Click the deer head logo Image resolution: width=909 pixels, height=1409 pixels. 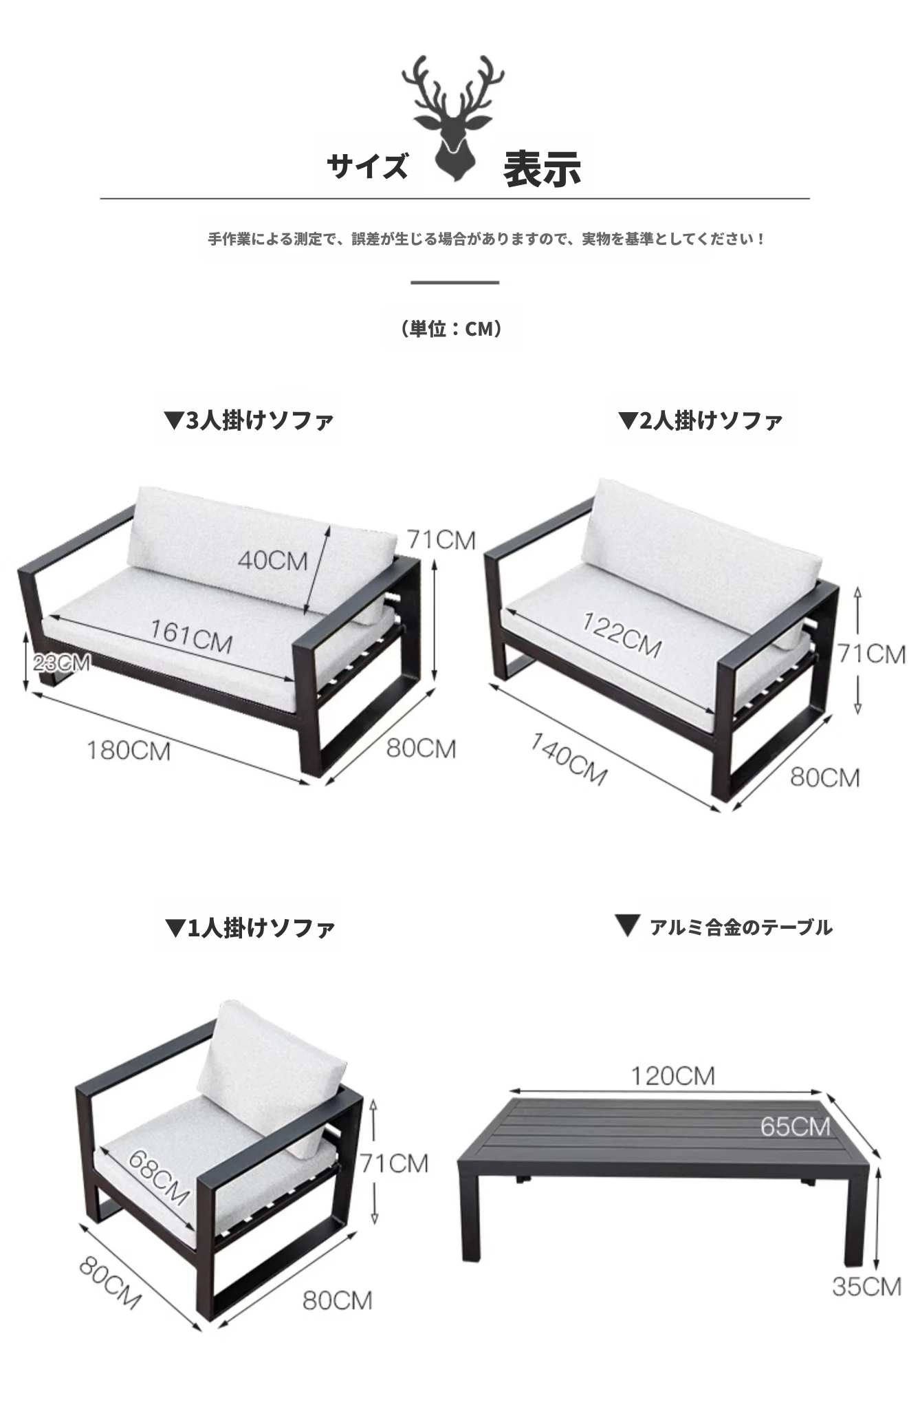pyautogui.click(x=453, y=118)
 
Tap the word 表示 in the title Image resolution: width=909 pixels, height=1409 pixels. pyautogui.click(x=543, y=169)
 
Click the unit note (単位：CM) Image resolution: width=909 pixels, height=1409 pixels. pyautogui.click(x=452, y=329)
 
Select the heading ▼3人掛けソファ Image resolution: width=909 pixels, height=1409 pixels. pyautogui.click(x=250, y=420)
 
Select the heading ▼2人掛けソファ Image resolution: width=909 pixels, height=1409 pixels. pyautogui.click(x=701, y=420)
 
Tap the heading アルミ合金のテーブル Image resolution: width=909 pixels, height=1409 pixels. pyautogui.click(x=724, y=927)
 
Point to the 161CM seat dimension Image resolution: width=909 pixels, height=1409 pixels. pyautogui.click(x=191, y=636)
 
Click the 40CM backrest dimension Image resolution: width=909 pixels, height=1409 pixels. pyautogui.click(x=272, y=560)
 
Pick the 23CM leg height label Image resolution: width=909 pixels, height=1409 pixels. pyautogui.click(x=61, y=663)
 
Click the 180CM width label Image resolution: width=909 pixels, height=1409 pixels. pyautogui.click(x=129, y=750)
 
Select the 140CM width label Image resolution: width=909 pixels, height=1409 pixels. pyautogui.click(x=569, y=760)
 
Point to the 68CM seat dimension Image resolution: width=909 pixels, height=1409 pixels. pyautogui.click(x=159, y=1177)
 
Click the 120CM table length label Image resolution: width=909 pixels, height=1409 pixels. pyautogui.click(x=673, y=1075)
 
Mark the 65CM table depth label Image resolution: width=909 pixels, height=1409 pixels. pyautogui.click(x=796, y=1126)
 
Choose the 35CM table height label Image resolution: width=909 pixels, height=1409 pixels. pyautogui.click(x=866, y=1286)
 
